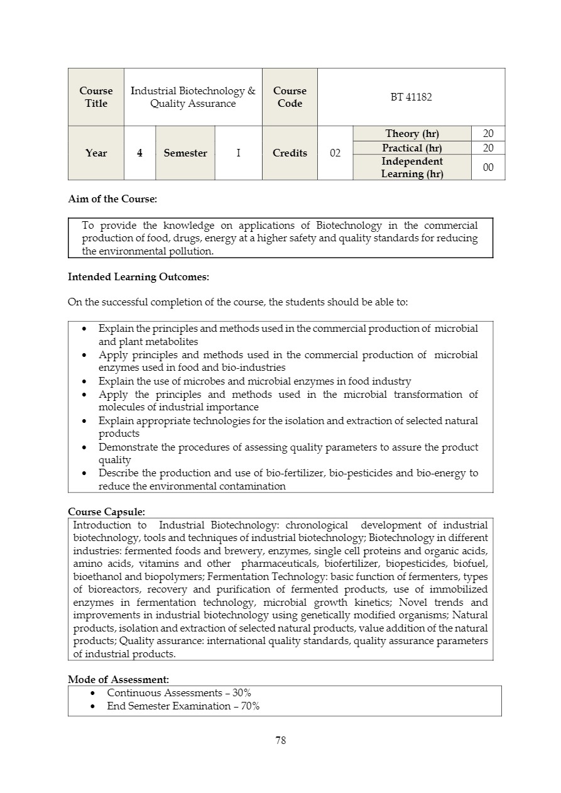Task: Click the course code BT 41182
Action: coord(411,97)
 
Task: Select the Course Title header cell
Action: coord(96,97)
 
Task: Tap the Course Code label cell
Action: coord(290,97)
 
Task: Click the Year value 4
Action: coord(139,153)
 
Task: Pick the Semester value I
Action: coord(238,153)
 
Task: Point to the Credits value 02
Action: coord(335,153)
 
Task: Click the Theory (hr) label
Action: coord(411,134)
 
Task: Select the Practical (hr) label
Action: coord(411,148)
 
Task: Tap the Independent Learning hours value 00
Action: coord(488,167)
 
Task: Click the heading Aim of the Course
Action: coord(112,199)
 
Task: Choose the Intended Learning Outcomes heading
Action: coord(138,276)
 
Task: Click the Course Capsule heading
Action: coord(106,512)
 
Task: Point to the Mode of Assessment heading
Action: coord(118,679)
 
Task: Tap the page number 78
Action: coord(281,740)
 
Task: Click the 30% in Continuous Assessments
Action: coord(242,693)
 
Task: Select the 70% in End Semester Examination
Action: coord(250,706)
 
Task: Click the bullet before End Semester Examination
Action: coord(94,706)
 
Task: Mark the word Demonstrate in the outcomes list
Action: coord(125,447)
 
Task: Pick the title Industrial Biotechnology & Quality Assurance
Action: coord(193,97)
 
